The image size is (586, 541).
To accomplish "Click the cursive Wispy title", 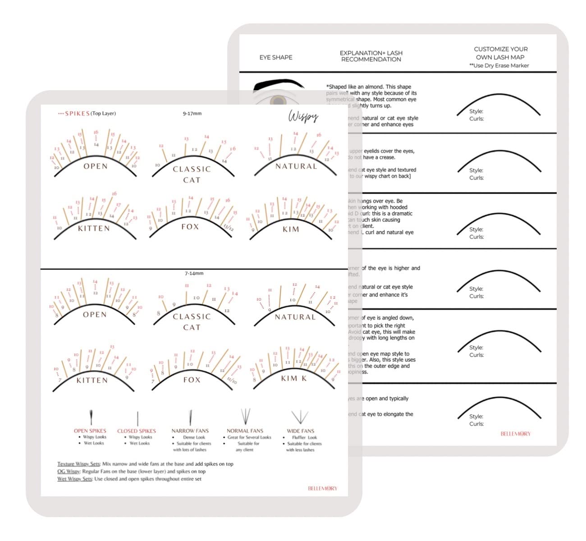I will coord(303,116).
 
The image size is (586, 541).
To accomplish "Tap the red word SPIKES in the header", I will coord(77,114).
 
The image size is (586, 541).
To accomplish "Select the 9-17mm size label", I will coord(192,114).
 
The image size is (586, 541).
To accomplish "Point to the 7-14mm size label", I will coord(194,273).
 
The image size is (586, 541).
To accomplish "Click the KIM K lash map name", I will coord(293,378).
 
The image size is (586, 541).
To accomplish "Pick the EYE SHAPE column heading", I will coord(276,57).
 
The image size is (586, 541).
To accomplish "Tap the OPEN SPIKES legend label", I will coord(90,431).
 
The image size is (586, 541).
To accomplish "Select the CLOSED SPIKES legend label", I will coord(137,431).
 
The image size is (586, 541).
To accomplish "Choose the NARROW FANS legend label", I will coord(190,431).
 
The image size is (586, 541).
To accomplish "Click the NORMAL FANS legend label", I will coord(245,431).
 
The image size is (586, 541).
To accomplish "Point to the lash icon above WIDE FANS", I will coord(300,417).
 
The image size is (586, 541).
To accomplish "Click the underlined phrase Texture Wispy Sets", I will coord(78,464).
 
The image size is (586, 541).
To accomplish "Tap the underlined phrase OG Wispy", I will coord(69,472).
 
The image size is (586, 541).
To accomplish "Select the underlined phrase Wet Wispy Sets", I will coord(74,479).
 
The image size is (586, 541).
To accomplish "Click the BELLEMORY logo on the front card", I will coord(323,488).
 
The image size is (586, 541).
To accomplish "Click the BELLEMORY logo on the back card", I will coord(516,434).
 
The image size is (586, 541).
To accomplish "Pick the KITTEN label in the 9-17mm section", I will coord(94,229).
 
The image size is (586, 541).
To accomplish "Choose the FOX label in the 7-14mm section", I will coord(192,380).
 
